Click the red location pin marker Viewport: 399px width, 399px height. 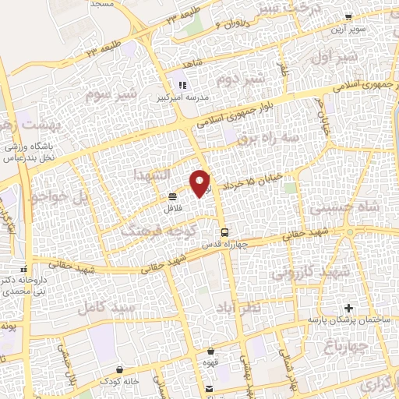tap(201, 182)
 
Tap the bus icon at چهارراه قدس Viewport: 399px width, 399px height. tap(224, 231)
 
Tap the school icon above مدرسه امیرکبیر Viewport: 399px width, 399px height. tap(182, 85)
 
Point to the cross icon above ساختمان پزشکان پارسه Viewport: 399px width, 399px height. tap(348, 308)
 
